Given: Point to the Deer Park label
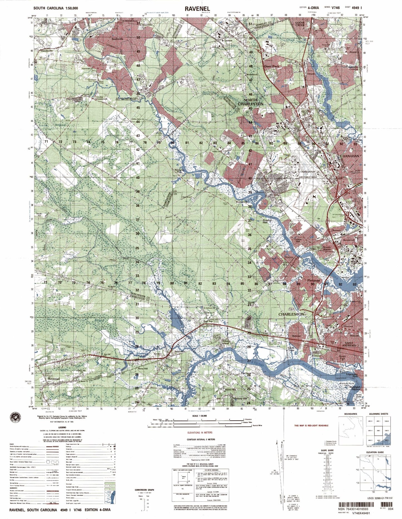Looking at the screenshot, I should pyautogui.click(x=271, y=66).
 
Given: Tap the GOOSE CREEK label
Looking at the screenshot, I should pyautogui.click(x=300, y=24).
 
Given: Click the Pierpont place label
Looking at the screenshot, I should pyautogui.click(x=313, y=281).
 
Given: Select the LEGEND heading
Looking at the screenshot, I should pyautogui.click(x=62, y=427).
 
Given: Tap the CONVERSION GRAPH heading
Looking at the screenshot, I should pyautogui.click(x=144, y=490).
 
